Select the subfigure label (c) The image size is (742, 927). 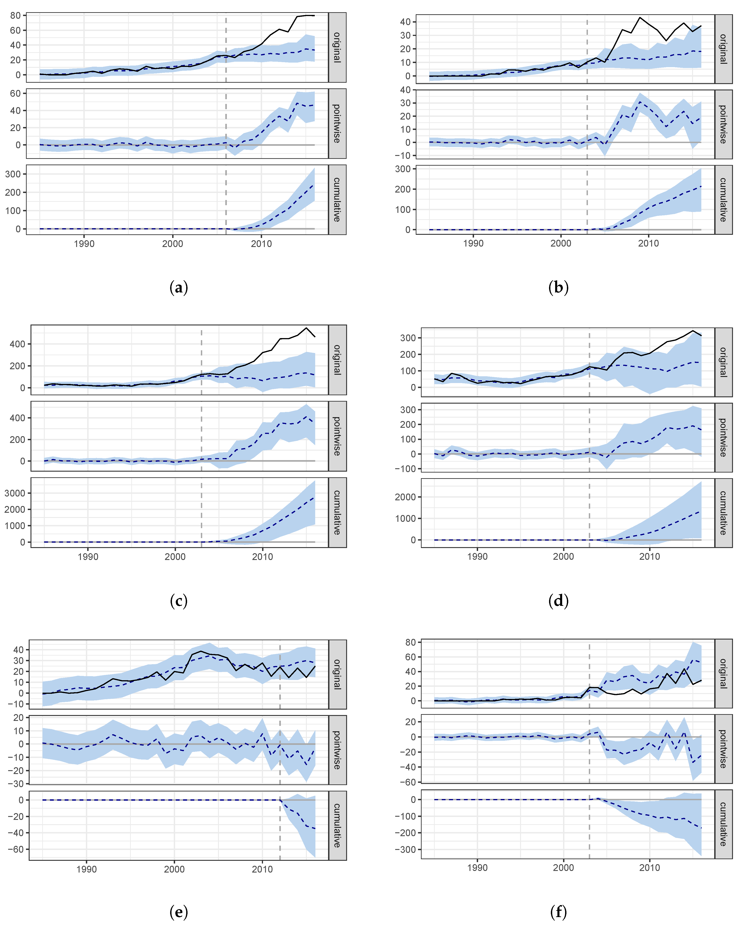tap(179, 601)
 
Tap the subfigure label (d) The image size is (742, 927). tap(559, 601)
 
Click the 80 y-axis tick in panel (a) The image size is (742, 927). tap(15, 15)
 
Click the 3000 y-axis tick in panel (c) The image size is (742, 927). tap(15, 493)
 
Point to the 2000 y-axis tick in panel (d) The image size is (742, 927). tap(405, 497)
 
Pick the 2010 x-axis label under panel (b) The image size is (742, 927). tap(648, 243)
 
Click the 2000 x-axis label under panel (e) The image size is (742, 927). tap(174, 869)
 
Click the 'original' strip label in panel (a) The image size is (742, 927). tap(337, 47)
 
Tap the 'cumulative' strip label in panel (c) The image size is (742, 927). tap(337, 513)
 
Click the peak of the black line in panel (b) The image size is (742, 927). tap(640, 18)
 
